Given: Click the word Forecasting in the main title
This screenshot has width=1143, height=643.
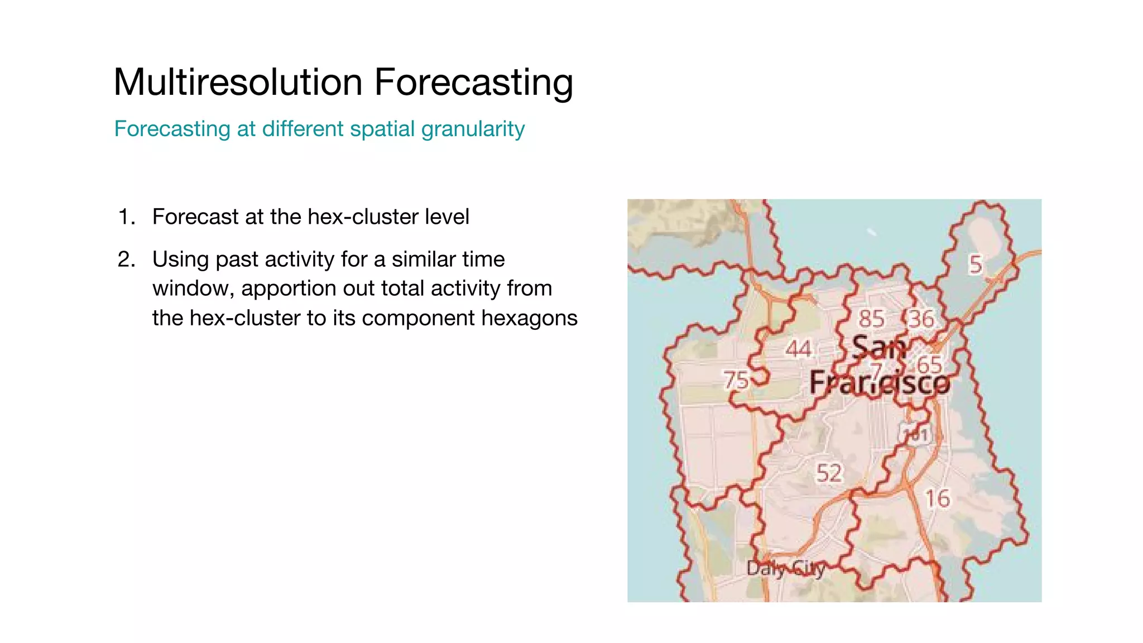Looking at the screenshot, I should pyautogui.click(x=473, y=83).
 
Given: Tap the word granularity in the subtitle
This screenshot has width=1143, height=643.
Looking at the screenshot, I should pyautogui.click(x=473, y=129).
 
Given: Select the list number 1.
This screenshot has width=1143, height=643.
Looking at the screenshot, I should pyautogui.click(x=126, y=217).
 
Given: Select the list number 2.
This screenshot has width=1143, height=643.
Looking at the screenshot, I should pyautogui.click(x=126, y=260).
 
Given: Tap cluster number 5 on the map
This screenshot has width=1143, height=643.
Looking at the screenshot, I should pyautogui.click(x=975, y=265).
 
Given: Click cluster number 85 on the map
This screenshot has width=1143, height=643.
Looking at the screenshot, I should pyautogui.click(x=871, y=319).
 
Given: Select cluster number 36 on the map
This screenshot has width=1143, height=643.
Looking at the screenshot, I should pyautogui.click(x=921, y=319).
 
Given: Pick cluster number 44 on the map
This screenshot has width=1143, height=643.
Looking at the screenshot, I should pyautogui.click(x=798, y=349).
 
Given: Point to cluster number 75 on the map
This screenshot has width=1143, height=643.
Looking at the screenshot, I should pyautogui.click(x=736, y=380).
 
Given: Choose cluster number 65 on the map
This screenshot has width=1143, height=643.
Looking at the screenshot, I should pyautogui.click(x=929, y=365).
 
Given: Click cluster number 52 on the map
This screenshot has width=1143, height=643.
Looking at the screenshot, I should pyautogui.click(x=828, y=473).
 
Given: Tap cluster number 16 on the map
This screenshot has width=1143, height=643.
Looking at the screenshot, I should pyautogui.click(x=937, y=498).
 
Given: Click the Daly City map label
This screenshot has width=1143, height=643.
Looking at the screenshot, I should pyautogui.click(x=785, y=569).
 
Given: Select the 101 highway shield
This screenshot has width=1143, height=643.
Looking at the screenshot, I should pyautogui.click(x=915, y=435).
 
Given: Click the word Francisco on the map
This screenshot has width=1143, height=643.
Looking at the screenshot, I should pyautogui.click(x=880, y=383).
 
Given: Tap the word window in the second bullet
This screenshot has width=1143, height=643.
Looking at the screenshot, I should pyautogui.click(x=193, y=289).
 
